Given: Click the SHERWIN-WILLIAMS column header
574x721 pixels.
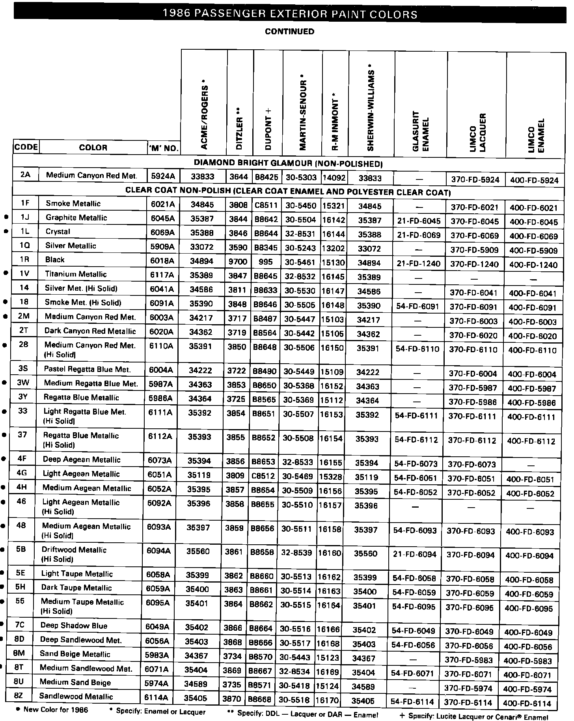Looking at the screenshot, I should coord(370,107).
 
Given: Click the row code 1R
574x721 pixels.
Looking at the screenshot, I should coord(25,260).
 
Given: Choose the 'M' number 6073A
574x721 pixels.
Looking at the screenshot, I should coord(160,460).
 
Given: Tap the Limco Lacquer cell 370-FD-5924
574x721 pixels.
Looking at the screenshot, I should coord(475,180).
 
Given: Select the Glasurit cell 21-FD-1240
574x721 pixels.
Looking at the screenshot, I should coord(419,263).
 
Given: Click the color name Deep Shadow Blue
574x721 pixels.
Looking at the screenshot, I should coord(74,626).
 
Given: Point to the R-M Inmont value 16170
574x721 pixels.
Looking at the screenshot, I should coord(327,701).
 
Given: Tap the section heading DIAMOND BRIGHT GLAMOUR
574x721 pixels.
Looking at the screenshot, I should coord(288,163).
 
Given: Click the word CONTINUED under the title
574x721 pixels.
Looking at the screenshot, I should coord(290,32).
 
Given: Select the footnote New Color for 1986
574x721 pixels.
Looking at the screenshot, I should coord(55,710).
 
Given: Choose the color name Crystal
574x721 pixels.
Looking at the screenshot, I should coord(58,232).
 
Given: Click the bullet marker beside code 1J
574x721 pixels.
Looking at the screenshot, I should coord(6,217).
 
